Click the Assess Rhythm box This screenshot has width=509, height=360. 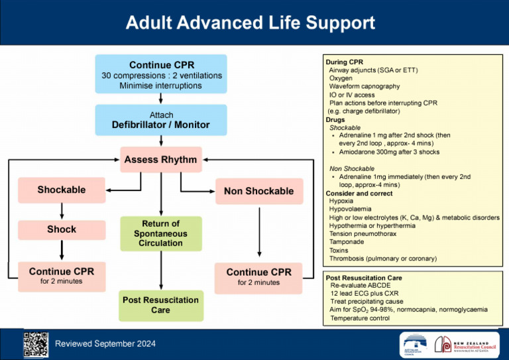161,160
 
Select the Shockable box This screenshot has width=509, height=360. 61,190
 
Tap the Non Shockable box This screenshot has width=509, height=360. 258,191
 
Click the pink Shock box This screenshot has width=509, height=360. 61,229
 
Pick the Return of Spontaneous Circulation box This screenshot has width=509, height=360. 160,233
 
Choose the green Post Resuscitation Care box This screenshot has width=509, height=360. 160,305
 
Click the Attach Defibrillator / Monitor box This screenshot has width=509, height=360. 160,120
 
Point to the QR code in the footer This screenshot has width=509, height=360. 35,343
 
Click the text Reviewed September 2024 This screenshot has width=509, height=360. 105,343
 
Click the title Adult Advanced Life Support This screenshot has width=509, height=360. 251,24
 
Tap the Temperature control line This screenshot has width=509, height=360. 360,318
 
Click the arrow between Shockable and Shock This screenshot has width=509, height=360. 61,210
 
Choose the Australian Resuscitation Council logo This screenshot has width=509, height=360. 416,343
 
